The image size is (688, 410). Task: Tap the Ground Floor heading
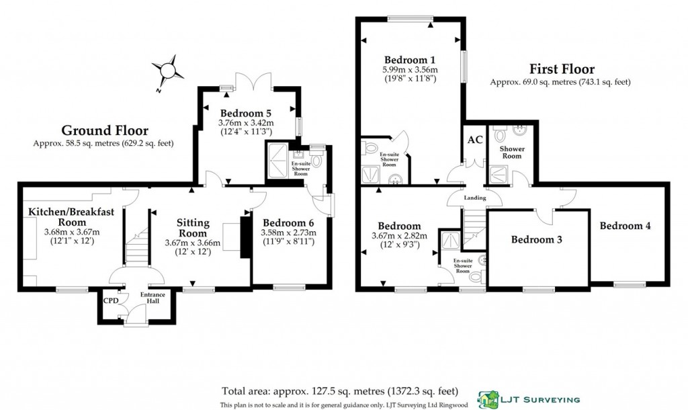[x=105, y=130]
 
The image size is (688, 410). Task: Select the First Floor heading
[x=561, y=69]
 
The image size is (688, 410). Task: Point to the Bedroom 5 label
[x=247, y=113]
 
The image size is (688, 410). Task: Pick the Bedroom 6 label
[x=288, y=222]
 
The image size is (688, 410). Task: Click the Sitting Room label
[x=193, y=228]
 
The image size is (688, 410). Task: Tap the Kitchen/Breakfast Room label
[x=71, y=217]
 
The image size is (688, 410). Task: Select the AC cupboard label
[x=474, y=140]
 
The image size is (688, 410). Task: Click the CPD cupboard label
[x=110, y=300]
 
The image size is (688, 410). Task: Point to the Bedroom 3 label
[x=536, y=239]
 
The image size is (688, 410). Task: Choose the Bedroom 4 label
[x=625, y=226]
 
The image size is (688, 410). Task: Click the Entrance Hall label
[x=153, y=298]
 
